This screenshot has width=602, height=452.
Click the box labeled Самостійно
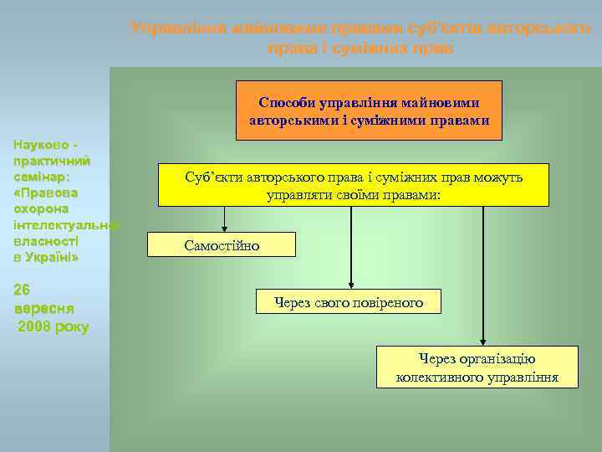222,244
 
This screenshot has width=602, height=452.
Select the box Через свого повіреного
349,302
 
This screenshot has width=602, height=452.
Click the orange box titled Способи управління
369,110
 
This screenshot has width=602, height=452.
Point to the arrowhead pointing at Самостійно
225,227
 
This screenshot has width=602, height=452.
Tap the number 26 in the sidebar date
23,290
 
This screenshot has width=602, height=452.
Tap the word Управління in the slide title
170,28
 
